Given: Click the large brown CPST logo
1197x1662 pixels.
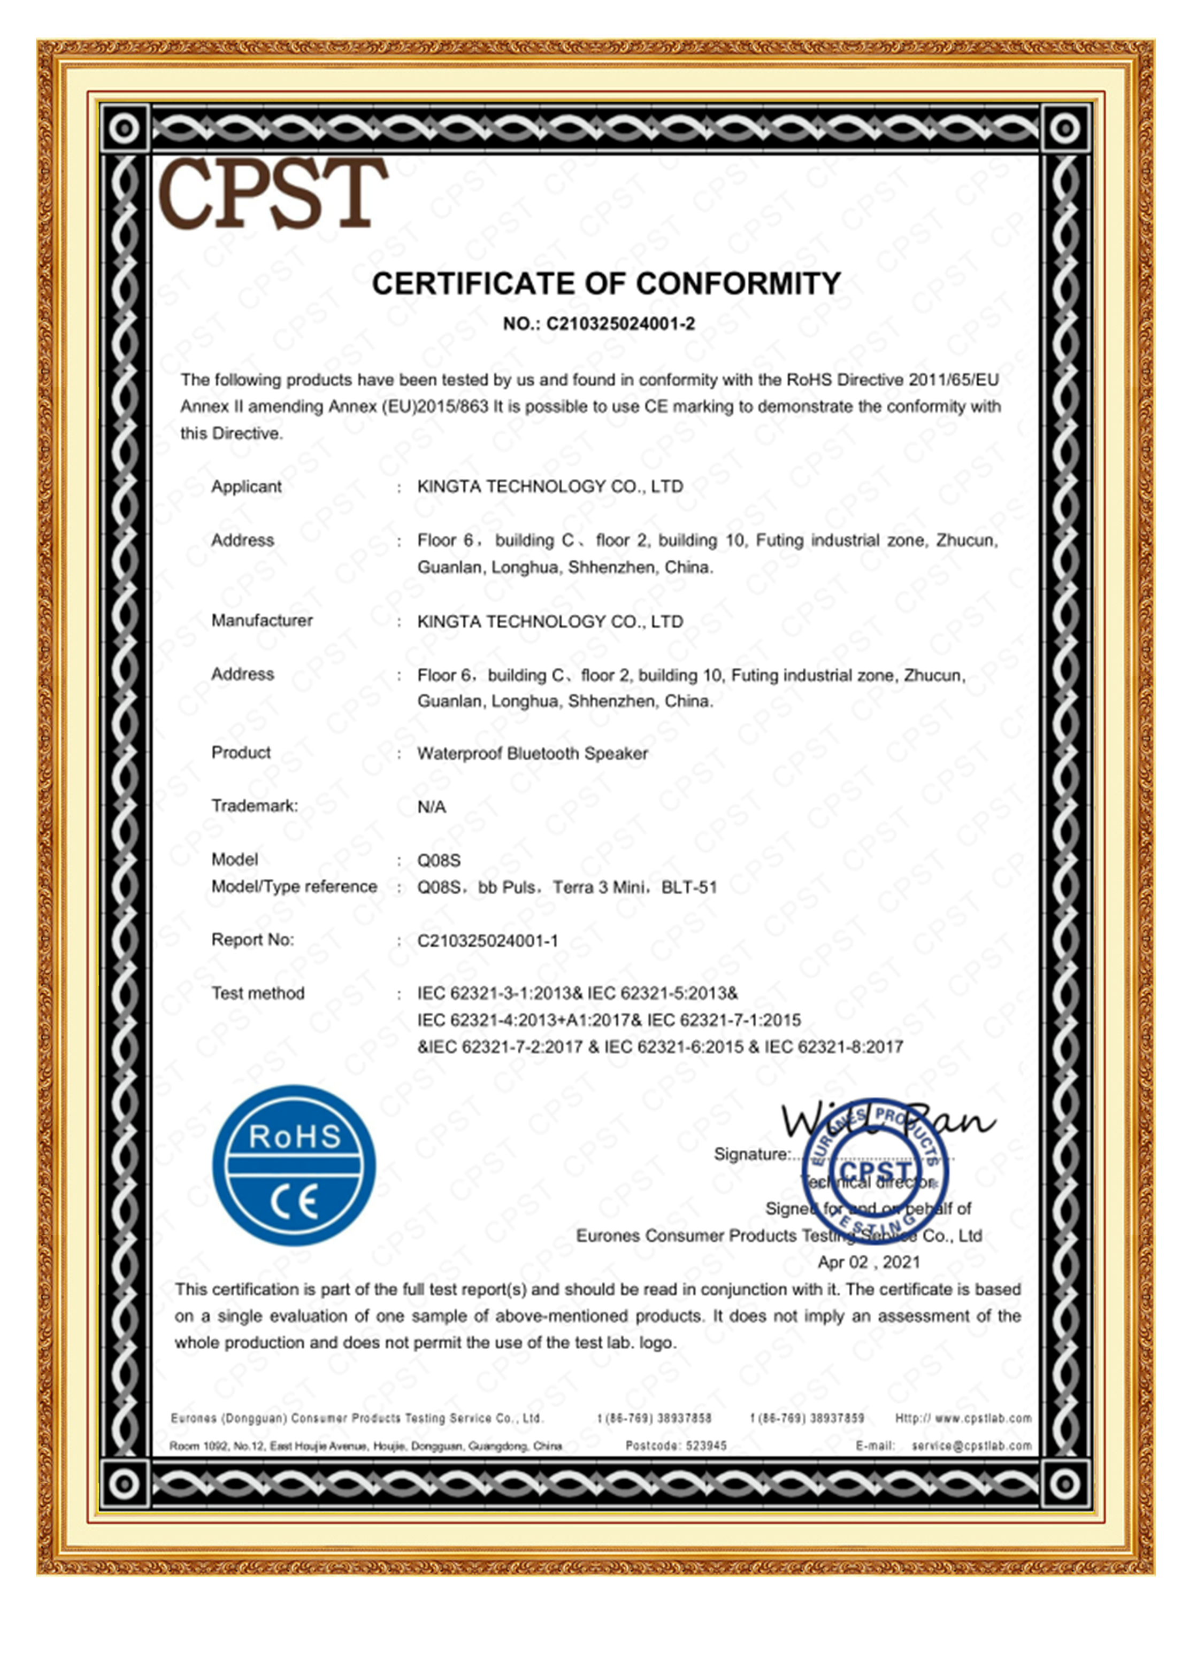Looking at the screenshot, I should coord(273,194).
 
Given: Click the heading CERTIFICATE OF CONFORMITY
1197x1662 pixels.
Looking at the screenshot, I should coord(605,284).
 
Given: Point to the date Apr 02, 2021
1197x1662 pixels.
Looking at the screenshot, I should coord(869,1262).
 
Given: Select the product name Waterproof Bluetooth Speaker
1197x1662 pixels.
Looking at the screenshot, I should coord(532,753).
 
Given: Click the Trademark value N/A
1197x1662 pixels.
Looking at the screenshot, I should coord(431,807).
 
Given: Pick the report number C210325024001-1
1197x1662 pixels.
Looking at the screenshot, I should coord(487,940).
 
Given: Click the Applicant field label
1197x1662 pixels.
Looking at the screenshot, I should coord(246,486).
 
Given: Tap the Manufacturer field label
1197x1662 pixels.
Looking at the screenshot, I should coord(262,621).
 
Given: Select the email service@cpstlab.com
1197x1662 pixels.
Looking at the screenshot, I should coord(971,1446).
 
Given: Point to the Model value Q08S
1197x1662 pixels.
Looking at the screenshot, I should coord(439,860).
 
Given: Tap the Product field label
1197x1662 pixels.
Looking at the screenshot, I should coord(241,753).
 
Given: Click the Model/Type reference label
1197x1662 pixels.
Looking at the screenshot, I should coord(294,887).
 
